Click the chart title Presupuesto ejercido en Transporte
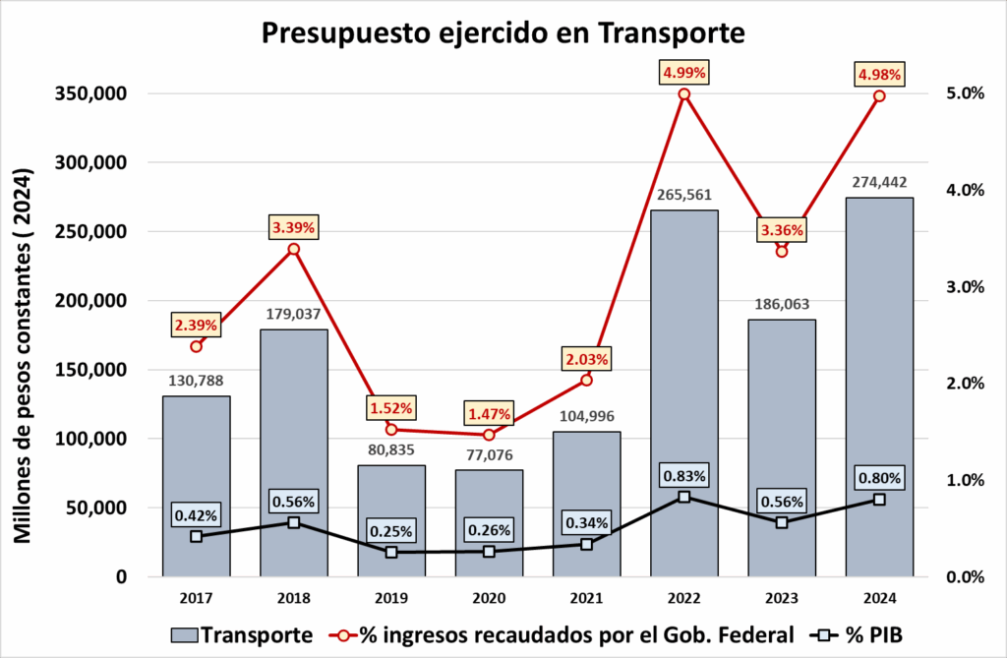pyautogui.click(x=503, y=32)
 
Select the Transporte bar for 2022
pyautogui.click(x=684, y=393)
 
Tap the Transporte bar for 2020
pyautogui.click(x=489, y=522)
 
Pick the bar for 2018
pyautogui.click(x=294, y=452)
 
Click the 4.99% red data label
pyautogui.click(x=684, y=73)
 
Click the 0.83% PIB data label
pyautogui.click(x=684, y=476)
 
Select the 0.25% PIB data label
pyautogui.click(x=391, y=531)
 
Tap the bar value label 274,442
pyautogui.click(x=879, y=181)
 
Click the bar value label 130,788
pyautogui.click(x=197, y=380)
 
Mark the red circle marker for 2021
pyautogui.click(x=587, y=380)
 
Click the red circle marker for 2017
pyautogui.click(x=197, y=346)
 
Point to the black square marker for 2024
pyautogui.click(x=879, y=500)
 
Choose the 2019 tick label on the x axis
pyautogui.click(x=391, y=598)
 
